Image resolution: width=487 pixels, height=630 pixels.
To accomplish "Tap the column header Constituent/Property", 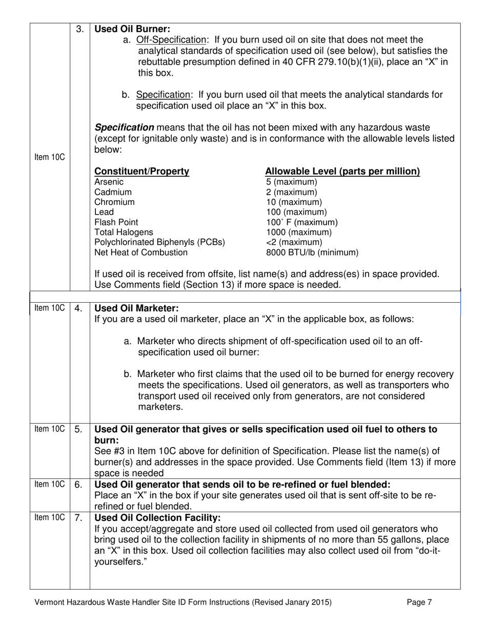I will tap(142, 172).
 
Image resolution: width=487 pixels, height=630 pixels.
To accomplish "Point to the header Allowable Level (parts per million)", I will tap(342, 172).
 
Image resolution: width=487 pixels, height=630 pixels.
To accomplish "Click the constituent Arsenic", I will tap(109, 182).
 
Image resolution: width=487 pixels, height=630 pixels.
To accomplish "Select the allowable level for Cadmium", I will tap(291, 192).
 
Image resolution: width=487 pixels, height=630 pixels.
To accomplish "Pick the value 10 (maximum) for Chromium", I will tap(294, 202).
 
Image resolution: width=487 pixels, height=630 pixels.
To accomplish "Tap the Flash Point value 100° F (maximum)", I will tap(301, 222).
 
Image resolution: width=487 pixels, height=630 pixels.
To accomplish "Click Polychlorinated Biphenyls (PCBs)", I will tap(160, 242).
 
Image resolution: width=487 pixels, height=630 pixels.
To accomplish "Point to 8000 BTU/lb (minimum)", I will tap(312, 253).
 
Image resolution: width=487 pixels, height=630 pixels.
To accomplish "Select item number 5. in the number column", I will tap(79, 430).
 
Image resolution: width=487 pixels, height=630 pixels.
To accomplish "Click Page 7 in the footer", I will tap(419, 603).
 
